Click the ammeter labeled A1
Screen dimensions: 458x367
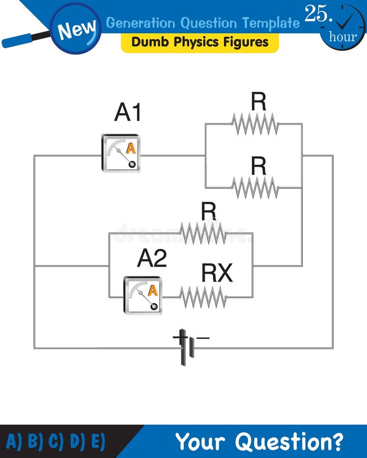(x=121, y=153)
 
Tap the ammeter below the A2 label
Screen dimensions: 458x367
(x=143, y=295)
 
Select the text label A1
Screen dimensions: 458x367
(x=127, y=112)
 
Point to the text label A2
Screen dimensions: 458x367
(x=152, y=259)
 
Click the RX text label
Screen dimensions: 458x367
(x=217, y=274)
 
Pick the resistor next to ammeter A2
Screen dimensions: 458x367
(x=203, y=297)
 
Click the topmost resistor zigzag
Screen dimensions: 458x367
(x=255, y=124)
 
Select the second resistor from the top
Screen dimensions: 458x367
(x=255, y=188)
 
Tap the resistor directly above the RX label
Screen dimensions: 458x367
(x=203, y=233)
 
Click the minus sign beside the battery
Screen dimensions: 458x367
(x=203, y=337)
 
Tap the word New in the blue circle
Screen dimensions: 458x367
(x=76, y=30)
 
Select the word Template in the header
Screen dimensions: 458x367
(x=270, y=23)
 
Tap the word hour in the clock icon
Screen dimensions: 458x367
(x=343, y=37)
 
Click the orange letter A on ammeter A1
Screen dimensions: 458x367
(x=131, y=148)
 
